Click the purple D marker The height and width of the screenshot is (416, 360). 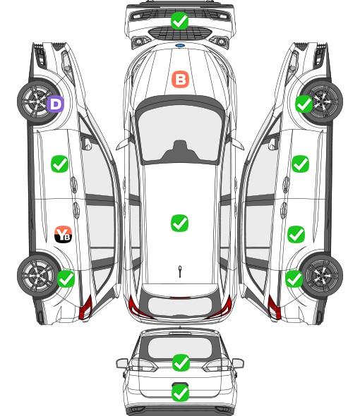pyautogui.click(x=55, y=104)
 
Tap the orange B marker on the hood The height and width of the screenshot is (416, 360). pyautogui.click(x=180, y=79)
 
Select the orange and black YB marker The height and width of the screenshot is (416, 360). pyautogui.click(x=63, y=234)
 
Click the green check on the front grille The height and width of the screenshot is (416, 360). pyautogui.click(x=179, y=20)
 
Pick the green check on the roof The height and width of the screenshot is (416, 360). pyautogui.click(x=179, y=223)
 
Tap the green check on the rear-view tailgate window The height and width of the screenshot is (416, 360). pyautogui.click(x=181, y=362)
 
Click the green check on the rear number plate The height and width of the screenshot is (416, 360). pyautogui.click(x=181, y=393)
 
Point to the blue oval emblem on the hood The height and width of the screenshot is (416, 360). pyautogui.click(x=180, y=46)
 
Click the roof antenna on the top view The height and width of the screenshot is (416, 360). pyautogui.click(x=180, y=271)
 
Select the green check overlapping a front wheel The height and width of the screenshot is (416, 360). pyautogui.click(x=304, y=104)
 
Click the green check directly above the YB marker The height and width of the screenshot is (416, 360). pyautogui.click(x=59, y=164)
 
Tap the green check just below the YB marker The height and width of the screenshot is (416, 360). pyautogui.click(x=66, y=279)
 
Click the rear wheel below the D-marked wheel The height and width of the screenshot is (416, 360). pyautogui.click(x=38, y=275)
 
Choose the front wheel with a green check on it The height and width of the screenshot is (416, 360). pyautogui.click(x=321, y=101)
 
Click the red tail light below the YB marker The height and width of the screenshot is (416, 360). pyautogui.click(x=85, y=307)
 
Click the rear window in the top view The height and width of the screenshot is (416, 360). pyautogui.click(x=179, y=306)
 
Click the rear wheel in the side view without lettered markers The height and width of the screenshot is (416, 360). pyautogui.click(x=321, y=276)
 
